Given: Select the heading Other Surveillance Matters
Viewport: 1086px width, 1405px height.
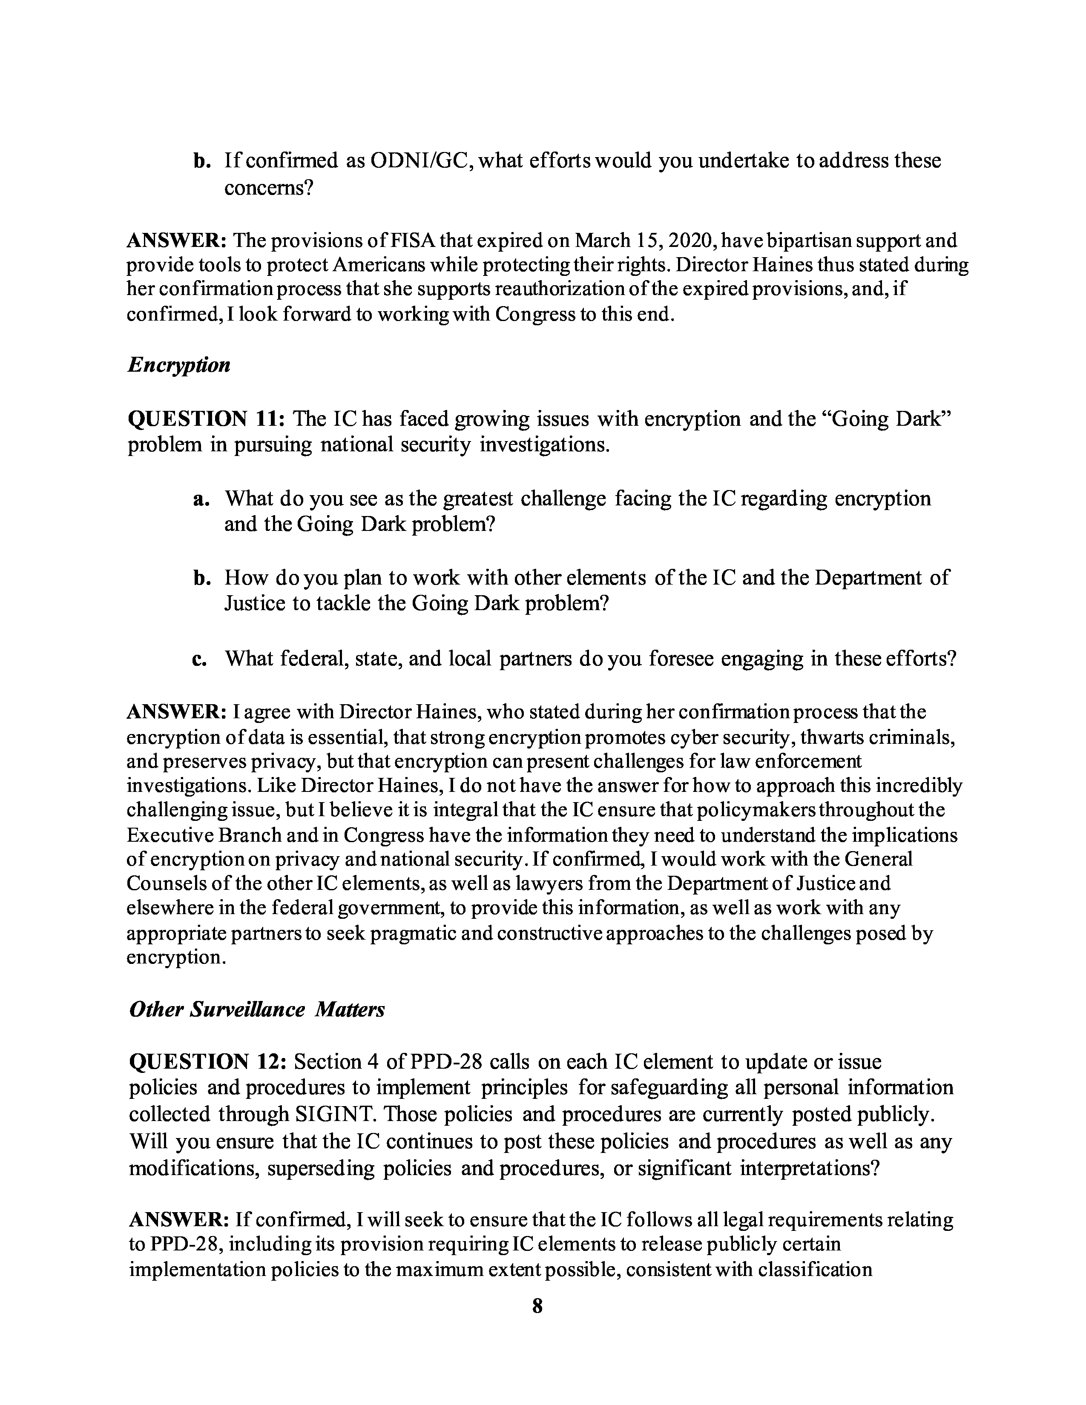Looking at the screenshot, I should (x=257, y=1009).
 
